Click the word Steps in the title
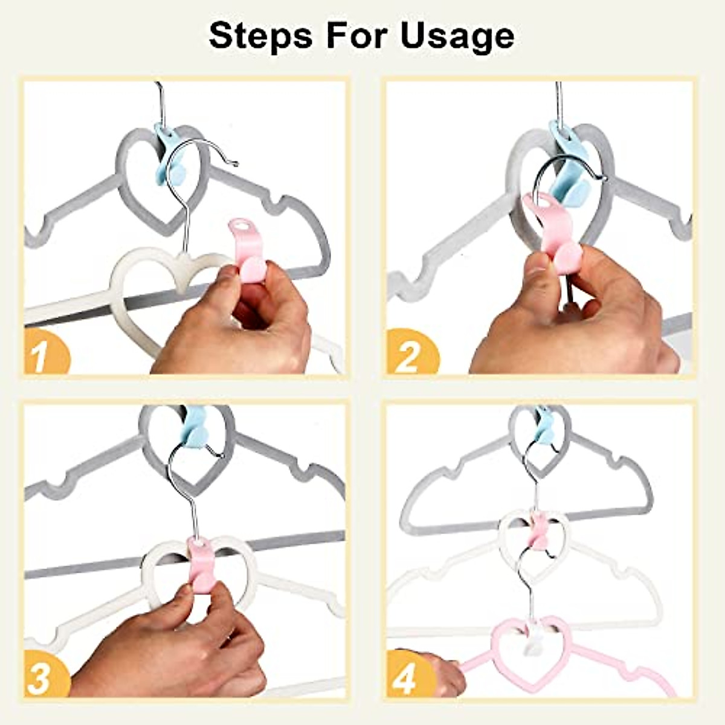[x=260, y=36]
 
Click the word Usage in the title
[x=457, y=36]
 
